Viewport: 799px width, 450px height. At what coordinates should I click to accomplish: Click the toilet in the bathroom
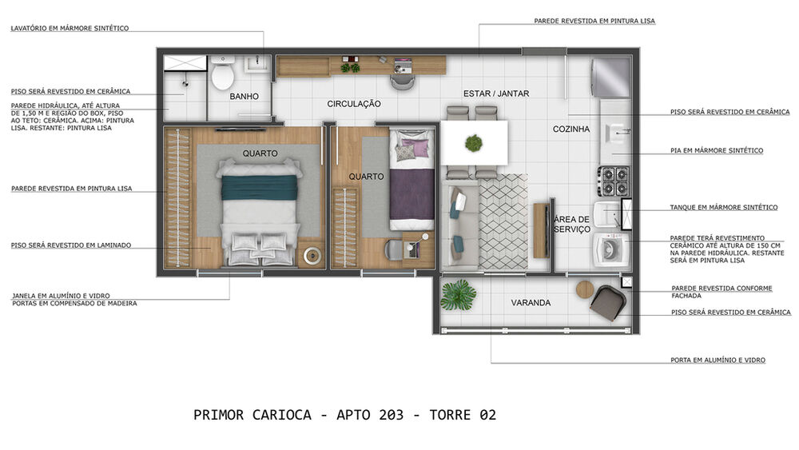click(x=222, y=77)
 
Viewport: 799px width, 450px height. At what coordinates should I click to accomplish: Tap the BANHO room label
click(x=244, y=97)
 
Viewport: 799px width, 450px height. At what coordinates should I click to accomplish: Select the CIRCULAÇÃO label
click(x=354, y=104)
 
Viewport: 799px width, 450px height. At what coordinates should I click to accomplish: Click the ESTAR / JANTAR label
click(x=496, y=94)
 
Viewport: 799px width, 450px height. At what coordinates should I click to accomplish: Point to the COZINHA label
click(x=571, y=129)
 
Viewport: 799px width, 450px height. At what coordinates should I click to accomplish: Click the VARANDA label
click(x=531, y=303)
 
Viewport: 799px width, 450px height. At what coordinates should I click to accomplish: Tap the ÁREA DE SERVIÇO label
click(x=572, y=224)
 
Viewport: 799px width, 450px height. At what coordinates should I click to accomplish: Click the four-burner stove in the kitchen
click(x=613, y=181)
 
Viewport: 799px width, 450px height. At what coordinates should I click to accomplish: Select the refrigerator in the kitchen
click(x=610, y=77)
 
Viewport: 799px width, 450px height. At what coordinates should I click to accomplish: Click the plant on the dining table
click(x=474, y=143)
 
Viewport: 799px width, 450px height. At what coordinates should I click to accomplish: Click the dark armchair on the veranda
click(x=608, y=304)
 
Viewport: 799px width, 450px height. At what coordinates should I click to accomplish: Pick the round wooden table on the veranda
click(x=586, y=289)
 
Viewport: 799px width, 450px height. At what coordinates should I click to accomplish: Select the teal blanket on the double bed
click(x=259, y=187)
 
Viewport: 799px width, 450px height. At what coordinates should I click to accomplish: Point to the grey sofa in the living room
click(x=459, y=227)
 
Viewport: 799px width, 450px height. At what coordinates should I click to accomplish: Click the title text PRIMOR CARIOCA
click(x=259, y=415)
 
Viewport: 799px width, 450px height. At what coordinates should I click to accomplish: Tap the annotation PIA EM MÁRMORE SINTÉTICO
click(x=716, y=150)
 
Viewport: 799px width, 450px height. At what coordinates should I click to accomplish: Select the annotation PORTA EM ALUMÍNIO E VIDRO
click(x=718, y=360)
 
